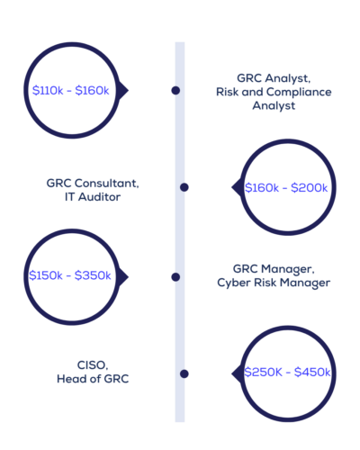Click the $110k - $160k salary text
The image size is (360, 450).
71,90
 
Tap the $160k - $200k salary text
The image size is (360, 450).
286,188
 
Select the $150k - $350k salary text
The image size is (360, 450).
70,275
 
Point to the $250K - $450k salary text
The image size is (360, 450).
287,372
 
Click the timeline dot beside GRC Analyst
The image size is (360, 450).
175,90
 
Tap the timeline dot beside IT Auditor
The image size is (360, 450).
184,187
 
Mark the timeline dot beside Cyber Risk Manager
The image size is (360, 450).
175,277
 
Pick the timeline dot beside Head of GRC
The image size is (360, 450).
184,373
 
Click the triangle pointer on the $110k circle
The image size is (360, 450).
123,90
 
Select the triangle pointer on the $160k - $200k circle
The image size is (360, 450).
237,187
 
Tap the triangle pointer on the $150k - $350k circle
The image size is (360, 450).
123,277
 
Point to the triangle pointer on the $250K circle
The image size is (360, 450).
237,373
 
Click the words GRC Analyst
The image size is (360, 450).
274,78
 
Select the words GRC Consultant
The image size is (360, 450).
93,183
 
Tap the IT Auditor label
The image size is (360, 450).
93,197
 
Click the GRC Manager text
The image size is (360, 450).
274,269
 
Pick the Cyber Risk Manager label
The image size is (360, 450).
274,283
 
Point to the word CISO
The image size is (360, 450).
93,365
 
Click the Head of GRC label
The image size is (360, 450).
93,379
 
